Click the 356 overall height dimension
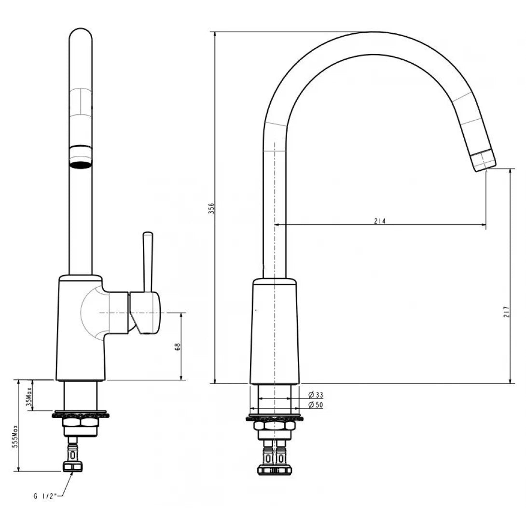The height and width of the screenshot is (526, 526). tap(211, 208)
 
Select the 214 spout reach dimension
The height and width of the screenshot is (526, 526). tap(380, 221)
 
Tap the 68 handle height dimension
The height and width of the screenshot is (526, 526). tap(178, 346)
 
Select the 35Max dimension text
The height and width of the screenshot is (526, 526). tap(28, 395)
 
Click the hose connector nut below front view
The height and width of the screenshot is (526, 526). tap(73, 466)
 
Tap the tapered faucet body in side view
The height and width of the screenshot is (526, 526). tap(274, 333)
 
